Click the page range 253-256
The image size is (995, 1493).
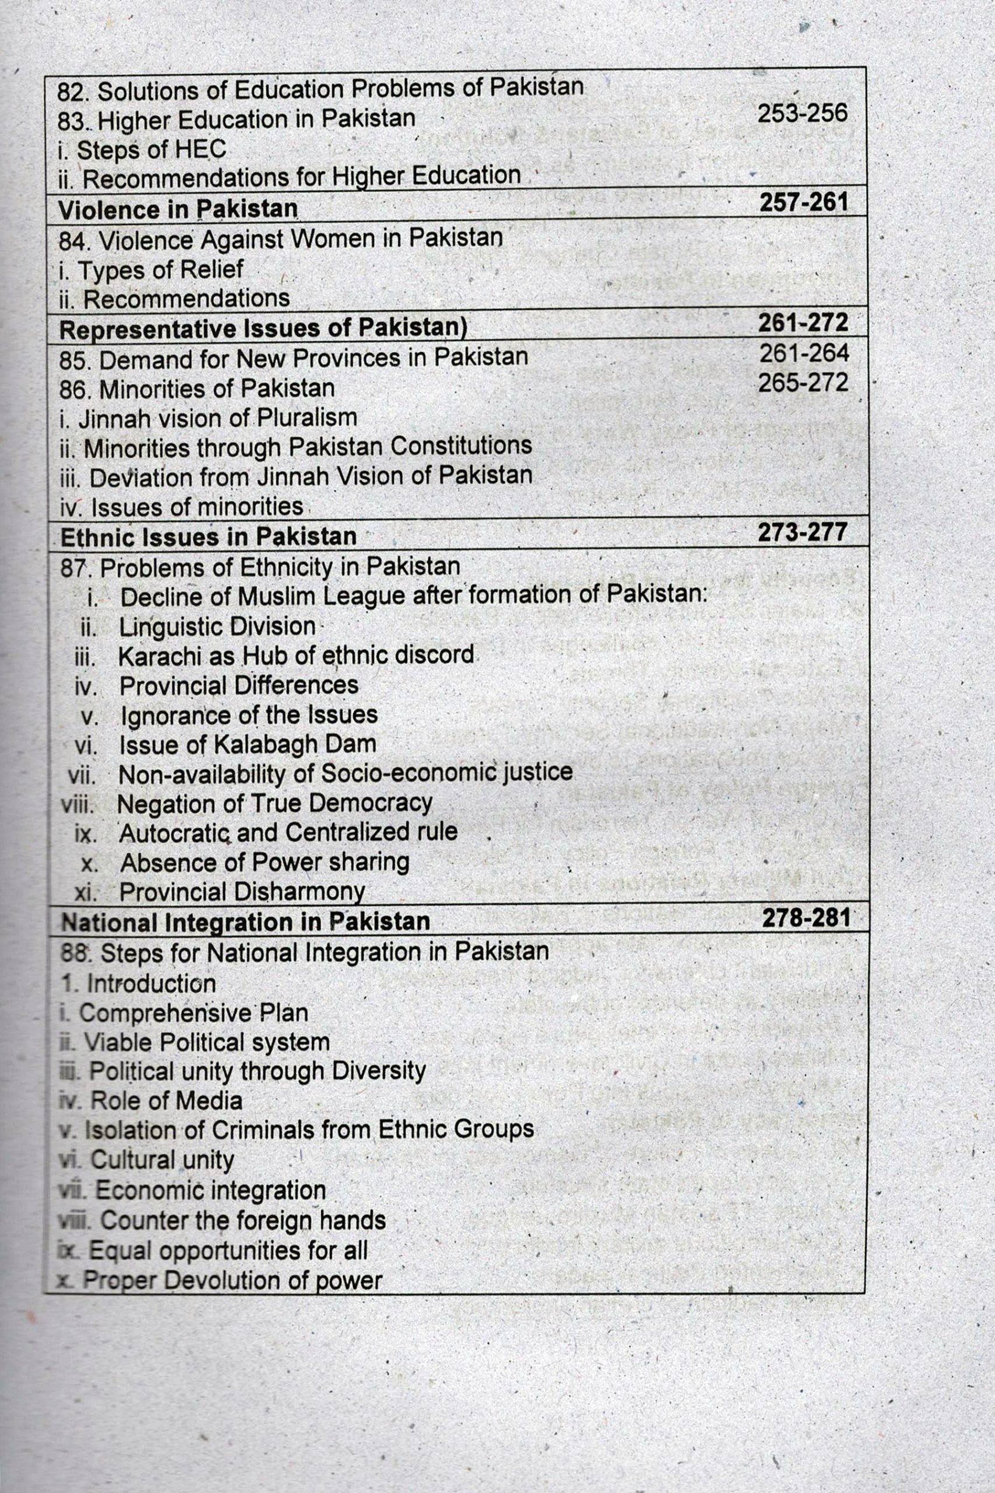[x=802, y=114]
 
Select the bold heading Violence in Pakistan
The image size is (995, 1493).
[x=178, y=209]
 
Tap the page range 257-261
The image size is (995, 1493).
[x=803, y=202]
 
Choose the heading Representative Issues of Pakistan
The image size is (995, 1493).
[x=263, y=329]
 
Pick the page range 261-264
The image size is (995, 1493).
[x=804, y=353]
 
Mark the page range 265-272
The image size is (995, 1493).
[x=803, y=383]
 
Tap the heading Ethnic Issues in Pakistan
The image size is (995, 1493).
[x=208, y=537]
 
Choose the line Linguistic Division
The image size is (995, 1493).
[x=217, y=626]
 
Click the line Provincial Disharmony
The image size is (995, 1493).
[x=242, y=892]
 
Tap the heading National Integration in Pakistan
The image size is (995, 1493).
[x=245, y=921]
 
